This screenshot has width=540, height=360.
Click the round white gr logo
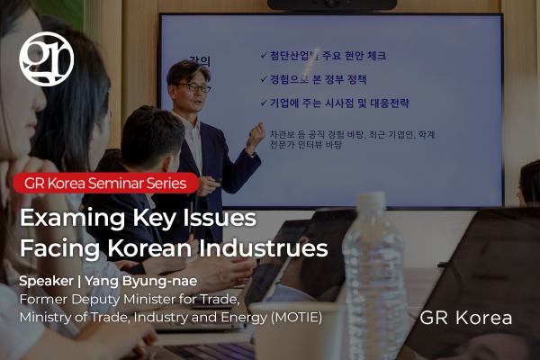click(47, 58)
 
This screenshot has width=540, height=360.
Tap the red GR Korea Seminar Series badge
click(105, 183)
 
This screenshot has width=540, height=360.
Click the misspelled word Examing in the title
click(72, 219)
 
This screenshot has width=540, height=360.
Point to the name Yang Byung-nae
click(141, 282)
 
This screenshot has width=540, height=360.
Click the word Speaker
click(46, 282)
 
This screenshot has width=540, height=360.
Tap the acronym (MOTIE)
click(296, 318)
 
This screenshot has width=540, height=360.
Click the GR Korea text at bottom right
click(465, 318)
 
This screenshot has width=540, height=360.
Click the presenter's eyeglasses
click(193, 87)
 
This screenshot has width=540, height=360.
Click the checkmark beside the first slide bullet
click(264, 55)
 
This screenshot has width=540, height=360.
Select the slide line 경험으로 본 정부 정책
click(318, 79)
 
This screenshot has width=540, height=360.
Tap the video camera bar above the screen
click(332, 4)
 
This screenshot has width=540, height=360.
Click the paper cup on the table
click(297, 331)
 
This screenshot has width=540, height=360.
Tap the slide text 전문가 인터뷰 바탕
click(305, 145)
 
